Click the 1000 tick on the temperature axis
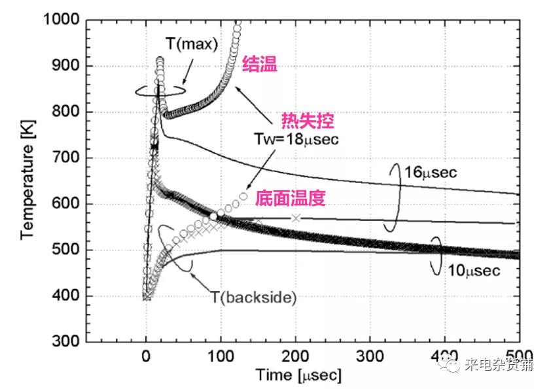pos(62,20)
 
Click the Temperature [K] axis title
pos(26,180)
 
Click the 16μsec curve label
pos(429,173)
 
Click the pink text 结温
pos(260,64)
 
